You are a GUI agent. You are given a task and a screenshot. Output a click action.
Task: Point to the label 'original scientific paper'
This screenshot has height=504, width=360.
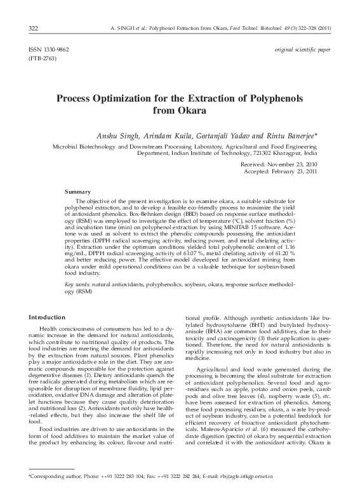click(x=302, y=49)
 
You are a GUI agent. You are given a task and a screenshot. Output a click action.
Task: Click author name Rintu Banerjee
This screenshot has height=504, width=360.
click(x=290, y=136)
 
